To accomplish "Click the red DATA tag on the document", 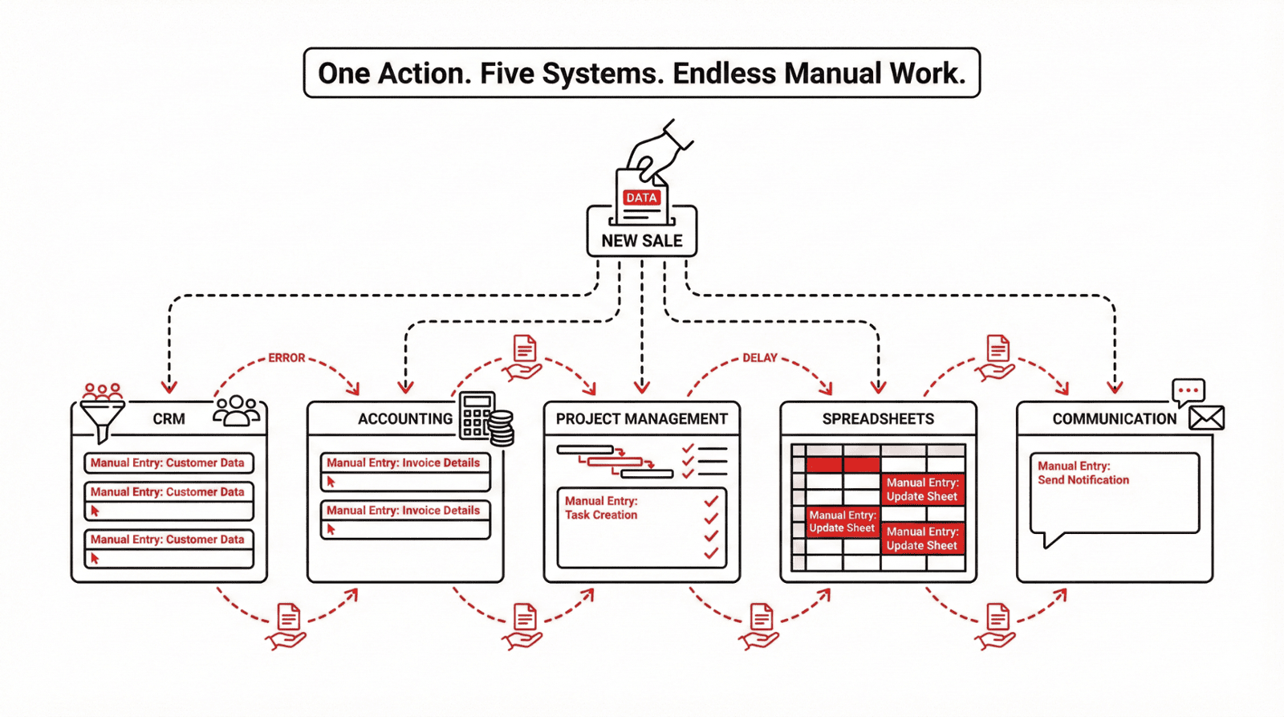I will (641, 198).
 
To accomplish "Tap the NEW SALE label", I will (642, 241).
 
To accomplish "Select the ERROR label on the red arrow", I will (286, 358).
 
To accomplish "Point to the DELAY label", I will (759, 358).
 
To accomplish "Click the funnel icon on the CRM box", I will (103, 414).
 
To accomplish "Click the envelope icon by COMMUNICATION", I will (1206, 418).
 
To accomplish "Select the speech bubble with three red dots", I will (1189, 391).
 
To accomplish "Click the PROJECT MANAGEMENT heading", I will (641, 419).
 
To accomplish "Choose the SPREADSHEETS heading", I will (878, 419).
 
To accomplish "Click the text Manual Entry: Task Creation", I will (601, 507).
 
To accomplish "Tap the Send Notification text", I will (1083, 480).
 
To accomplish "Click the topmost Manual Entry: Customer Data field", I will (168, 463).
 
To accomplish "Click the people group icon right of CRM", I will (236, 410).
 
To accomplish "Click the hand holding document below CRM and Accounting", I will (287, 626).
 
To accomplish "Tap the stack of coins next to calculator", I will (502, 427).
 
